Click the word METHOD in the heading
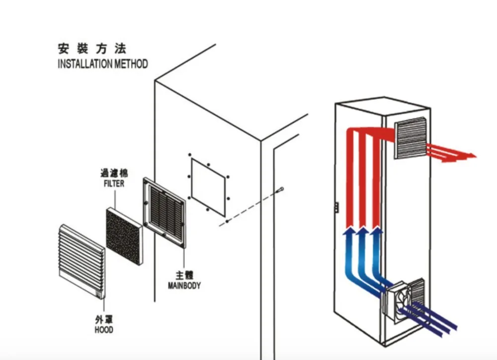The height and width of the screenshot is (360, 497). [x=131, y=64]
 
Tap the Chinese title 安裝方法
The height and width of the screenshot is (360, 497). [x=92, y=49]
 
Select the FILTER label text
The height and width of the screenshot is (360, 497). [x=114, y=183]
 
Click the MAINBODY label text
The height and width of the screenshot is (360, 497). [x=184, y=286]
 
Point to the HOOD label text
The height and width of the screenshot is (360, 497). [x=103, y=330]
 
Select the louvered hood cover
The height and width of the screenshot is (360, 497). [x=81, y=261]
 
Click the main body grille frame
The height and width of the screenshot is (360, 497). [x=164, y=214]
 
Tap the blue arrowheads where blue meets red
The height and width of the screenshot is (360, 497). [x=363, y=231]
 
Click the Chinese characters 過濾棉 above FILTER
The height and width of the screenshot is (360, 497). [x=114, y=173]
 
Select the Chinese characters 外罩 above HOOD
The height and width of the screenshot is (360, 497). [x=103, y=319]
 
